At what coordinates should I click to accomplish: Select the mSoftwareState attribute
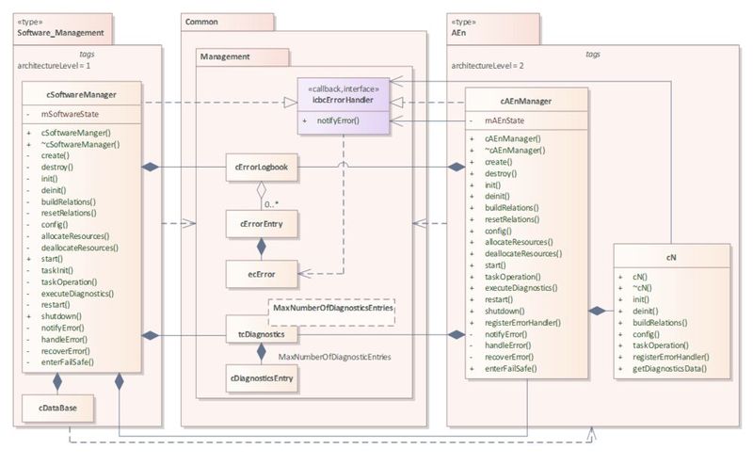72,115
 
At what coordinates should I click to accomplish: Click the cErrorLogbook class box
263,168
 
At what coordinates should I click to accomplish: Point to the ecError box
263,273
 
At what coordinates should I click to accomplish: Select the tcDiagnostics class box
263,334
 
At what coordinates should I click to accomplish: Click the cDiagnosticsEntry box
263,377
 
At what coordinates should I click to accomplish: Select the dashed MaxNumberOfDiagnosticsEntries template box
331,308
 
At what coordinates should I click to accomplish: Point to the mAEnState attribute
510,120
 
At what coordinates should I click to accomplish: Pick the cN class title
670,256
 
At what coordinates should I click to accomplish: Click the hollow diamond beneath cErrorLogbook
263,189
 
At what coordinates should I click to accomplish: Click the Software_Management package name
60,34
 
